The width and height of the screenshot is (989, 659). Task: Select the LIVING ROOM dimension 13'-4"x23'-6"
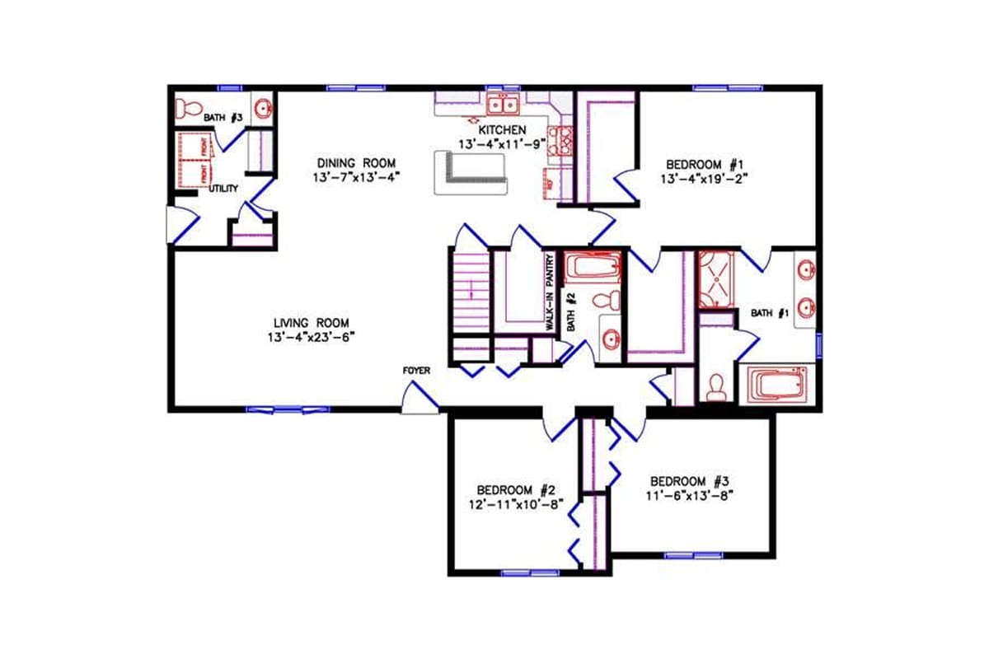point(312,337)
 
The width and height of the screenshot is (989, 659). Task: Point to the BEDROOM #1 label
point(704,163)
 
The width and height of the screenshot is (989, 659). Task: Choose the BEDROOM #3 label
point(689,481)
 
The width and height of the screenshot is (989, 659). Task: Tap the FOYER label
point(416,371)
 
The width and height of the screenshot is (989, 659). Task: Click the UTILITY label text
point(223,189)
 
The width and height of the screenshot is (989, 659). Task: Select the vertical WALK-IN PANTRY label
point(548,292)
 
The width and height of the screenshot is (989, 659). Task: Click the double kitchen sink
point(502,105)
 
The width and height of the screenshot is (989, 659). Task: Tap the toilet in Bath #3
point(189,108)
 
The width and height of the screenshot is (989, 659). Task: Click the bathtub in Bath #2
point(592,268)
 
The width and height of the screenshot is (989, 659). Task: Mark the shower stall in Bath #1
point(715,279)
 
